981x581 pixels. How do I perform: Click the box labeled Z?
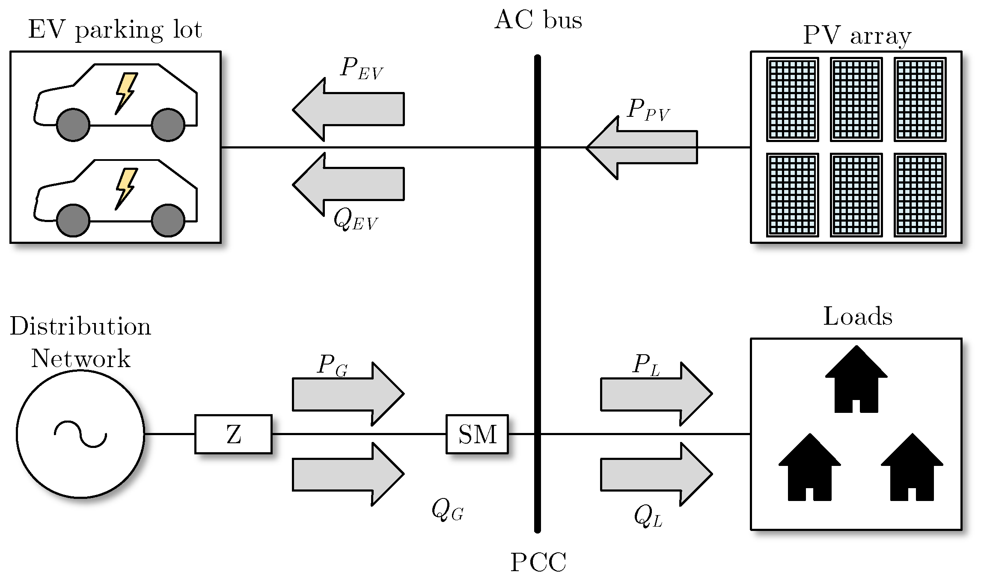tap(233, 434)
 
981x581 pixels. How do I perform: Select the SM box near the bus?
tap(477, 434)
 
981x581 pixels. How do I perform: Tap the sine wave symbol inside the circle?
tap(80, 434)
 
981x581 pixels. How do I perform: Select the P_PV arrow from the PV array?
tap(642, 147)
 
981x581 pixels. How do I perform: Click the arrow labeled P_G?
tap(348, 394)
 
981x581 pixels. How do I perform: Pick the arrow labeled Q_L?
tap(656, 474)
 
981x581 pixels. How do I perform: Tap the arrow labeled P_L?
tap(656, 394)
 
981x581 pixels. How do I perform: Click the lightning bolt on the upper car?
tap(126, 92)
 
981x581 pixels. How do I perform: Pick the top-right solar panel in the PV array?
tap(920, 99)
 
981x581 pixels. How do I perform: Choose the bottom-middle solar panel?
tap(856, 195)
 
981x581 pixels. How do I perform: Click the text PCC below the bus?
tap(538, 562)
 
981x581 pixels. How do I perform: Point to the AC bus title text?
tap(538, 20)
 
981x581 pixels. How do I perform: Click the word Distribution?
tap(80, 326)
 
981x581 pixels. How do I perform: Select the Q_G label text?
tap(447, 510)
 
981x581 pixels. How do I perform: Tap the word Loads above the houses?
tap(858, 317)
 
